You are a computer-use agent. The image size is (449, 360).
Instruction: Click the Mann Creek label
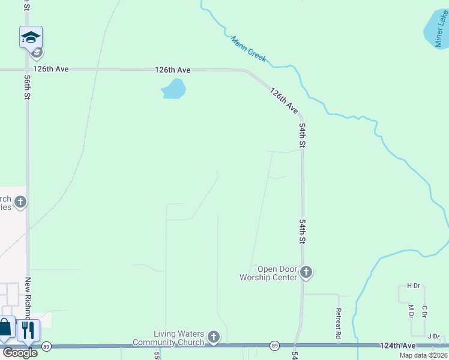tap(249, 49)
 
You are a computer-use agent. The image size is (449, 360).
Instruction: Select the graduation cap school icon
tap(31, 38)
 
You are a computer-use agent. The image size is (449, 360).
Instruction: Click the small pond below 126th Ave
tap(173, 89)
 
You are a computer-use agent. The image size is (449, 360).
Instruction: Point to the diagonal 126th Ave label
tap(283, 101)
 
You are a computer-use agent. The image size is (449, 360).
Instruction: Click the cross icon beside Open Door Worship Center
tap(306, 273)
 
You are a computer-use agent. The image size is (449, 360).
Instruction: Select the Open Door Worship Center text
tap(277, 273)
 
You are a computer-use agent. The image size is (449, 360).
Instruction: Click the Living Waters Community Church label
tap(179, 338)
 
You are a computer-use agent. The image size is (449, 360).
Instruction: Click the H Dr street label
tap(412, 286)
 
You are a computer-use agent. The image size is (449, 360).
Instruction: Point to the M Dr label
tap(411, 311)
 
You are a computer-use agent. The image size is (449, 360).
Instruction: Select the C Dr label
tap(424, 311)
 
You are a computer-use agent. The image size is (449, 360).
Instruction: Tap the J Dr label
tap(433, 336)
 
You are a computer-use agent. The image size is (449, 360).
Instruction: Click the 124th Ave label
tap(397, 346)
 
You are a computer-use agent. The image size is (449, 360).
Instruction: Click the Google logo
tap(20, 353)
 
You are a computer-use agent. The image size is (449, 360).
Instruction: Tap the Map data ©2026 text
tap(423, 355)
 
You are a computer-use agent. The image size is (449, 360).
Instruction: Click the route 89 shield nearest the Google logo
tap(46, 346)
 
